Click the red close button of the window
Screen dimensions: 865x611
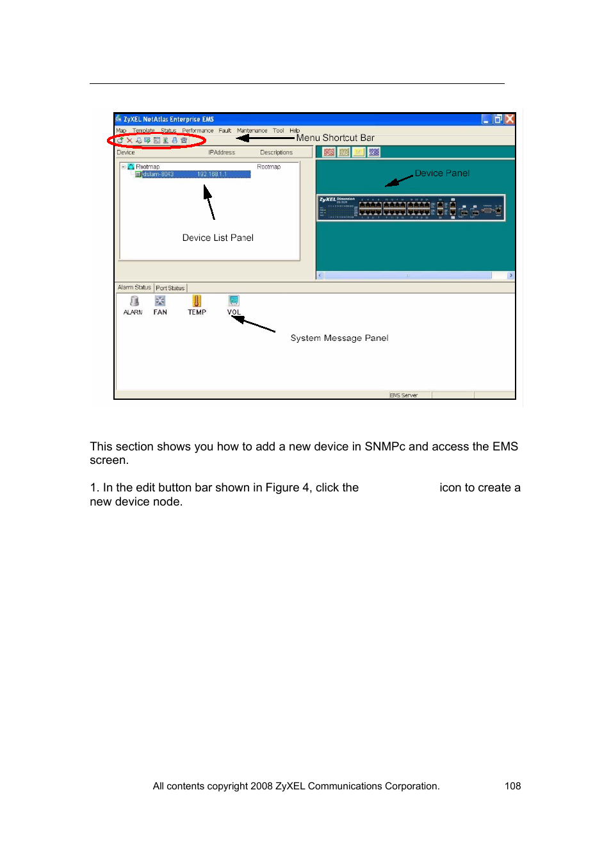510,119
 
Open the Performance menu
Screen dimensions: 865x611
197,131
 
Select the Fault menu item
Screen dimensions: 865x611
225,131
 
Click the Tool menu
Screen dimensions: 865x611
278,131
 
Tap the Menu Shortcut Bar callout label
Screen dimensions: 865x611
335,138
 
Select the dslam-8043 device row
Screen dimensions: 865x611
158,174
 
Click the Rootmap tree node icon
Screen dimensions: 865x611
131,167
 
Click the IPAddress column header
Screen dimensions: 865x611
222,152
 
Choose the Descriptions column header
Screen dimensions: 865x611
276,152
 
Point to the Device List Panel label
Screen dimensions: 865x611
218,238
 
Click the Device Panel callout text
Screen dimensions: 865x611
442,173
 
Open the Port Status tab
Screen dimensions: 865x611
170,288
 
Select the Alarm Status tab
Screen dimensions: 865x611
134,288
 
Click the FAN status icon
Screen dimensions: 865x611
160,301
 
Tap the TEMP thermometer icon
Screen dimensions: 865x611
197,301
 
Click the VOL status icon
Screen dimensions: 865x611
234,301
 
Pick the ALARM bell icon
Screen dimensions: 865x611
134,301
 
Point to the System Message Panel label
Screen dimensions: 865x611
339,338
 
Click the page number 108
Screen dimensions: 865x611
512,786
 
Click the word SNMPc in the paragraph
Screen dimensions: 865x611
385,447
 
